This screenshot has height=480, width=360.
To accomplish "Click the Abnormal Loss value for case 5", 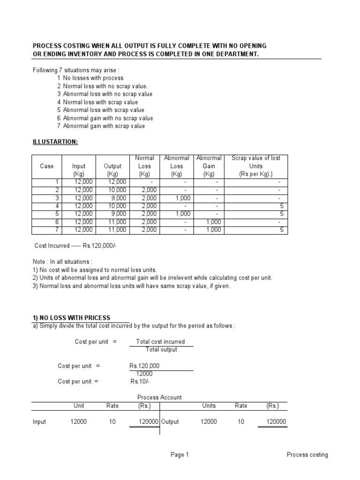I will [x=176, y=214].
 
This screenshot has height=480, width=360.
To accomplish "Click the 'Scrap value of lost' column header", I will [x=256, y=158].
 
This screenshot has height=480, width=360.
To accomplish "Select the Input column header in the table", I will [x=79, y=166].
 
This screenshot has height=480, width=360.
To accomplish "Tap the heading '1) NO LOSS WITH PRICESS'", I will [x=71, y=318].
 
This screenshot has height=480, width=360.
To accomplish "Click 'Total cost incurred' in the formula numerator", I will [x=160, y=342].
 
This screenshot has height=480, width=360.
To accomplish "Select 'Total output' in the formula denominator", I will [x=161, y=350].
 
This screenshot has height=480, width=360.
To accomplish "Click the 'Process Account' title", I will [x=159, y=397].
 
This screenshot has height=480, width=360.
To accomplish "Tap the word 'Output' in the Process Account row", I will [x=171, y=421].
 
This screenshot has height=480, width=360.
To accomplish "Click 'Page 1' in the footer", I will [x=180, y=455].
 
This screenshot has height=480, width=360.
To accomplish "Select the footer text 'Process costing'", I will [x=307, y=455].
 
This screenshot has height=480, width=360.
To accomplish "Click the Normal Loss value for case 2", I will [x=149, y=190].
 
